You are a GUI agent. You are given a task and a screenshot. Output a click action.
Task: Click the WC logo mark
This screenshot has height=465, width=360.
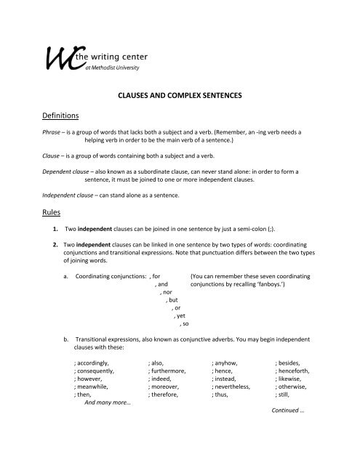tap(61, 59)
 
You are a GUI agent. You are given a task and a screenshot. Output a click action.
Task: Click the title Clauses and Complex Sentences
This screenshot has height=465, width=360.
tap(179, 94)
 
